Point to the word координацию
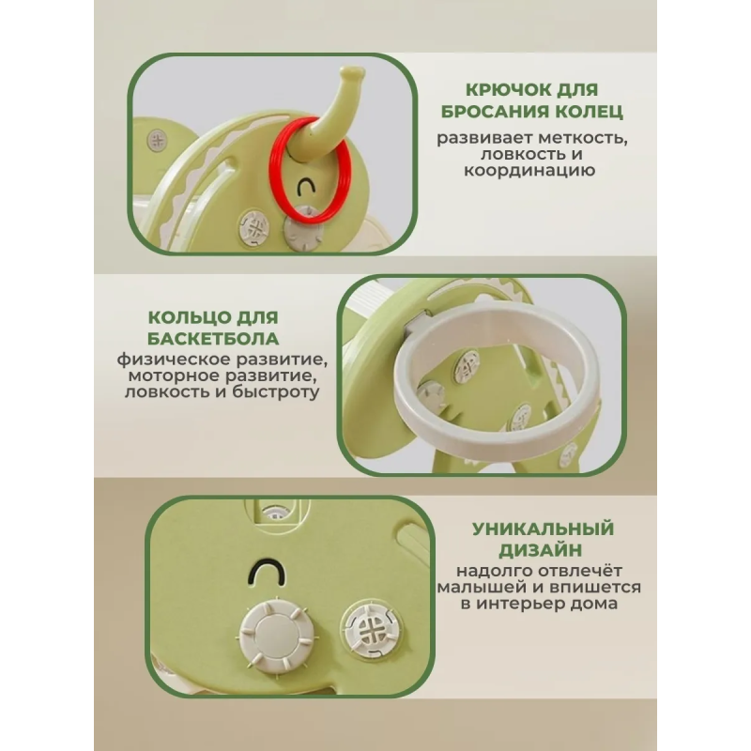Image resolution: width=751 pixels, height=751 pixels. [x=529, y=171]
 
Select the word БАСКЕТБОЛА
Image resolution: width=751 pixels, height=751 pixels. [x=213, y=339]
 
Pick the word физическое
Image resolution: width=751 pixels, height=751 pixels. [x=180, y=360]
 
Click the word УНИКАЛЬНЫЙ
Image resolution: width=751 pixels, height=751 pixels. [x=543, y=529]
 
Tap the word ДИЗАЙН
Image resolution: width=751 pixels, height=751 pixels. [x=541, y=550]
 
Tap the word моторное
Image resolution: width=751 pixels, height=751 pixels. [x=174, y=376]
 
